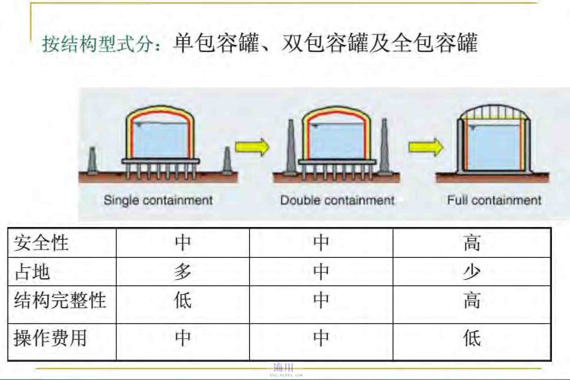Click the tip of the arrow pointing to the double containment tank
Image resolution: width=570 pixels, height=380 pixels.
pyautogui.click(x=269, y=147)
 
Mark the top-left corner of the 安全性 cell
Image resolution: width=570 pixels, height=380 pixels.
pyautogui.click(x=8, y=228)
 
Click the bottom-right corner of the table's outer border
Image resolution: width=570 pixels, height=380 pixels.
pyautogui.click(x=551, y=361)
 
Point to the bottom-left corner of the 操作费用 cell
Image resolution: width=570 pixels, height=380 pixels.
pyautogui.click(x=8, y=361)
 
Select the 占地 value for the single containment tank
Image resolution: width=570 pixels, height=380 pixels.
pyautogui.click(x=183, y=271)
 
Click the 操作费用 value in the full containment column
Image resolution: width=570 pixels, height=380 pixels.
pyautogui.click(x=472, y=337)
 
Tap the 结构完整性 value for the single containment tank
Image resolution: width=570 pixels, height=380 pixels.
pyautogui.click(x=183, y=300)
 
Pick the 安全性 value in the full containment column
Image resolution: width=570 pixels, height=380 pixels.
pyautogui.click(x=472, y=242)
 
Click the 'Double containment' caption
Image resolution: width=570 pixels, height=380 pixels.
pyautogui.click(x=337, y=200)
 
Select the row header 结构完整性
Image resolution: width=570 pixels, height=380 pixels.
pyautogui.click(x=60, y=300)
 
